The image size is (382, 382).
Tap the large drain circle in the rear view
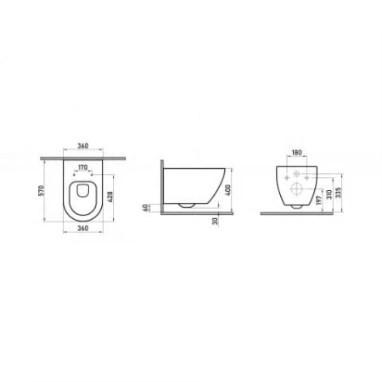pyautogui.click(x=297, y=189)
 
